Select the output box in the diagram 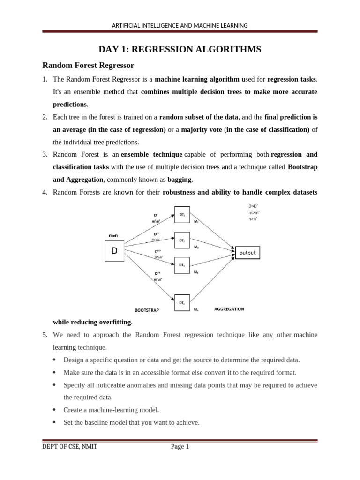pos(247,253)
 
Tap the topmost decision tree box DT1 pos(182,213)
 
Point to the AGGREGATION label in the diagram pos(229,309)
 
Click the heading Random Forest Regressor pos(89,65)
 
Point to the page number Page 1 pos(180,447)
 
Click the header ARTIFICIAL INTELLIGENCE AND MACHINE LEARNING pos(180,25)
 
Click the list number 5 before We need pos(45,335)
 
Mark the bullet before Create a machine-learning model pos(55,410)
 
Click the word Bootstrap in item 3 pos(302,167)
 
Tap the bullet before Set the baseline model pos(55,422)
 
